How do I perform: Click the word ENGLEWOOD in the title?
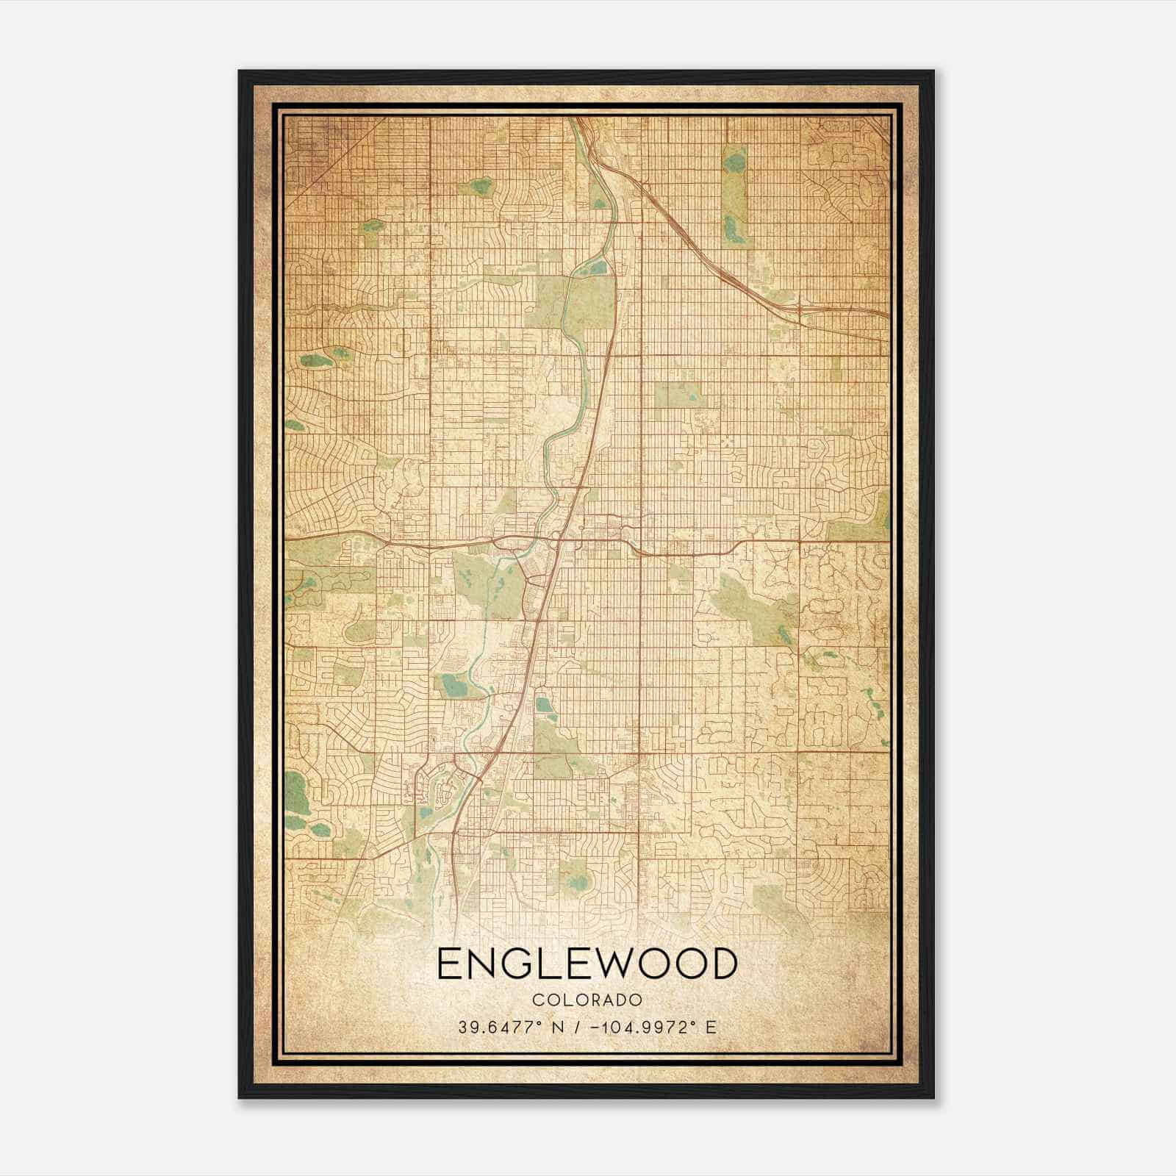(587, 964)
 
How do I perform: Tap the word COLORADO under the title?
(587, 1000)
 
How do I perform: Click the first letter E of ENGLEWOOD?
(450, 964)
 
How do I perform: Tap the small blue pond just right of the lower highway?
(543, 705)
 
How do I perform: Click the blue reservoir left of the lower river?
(451, 686)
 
